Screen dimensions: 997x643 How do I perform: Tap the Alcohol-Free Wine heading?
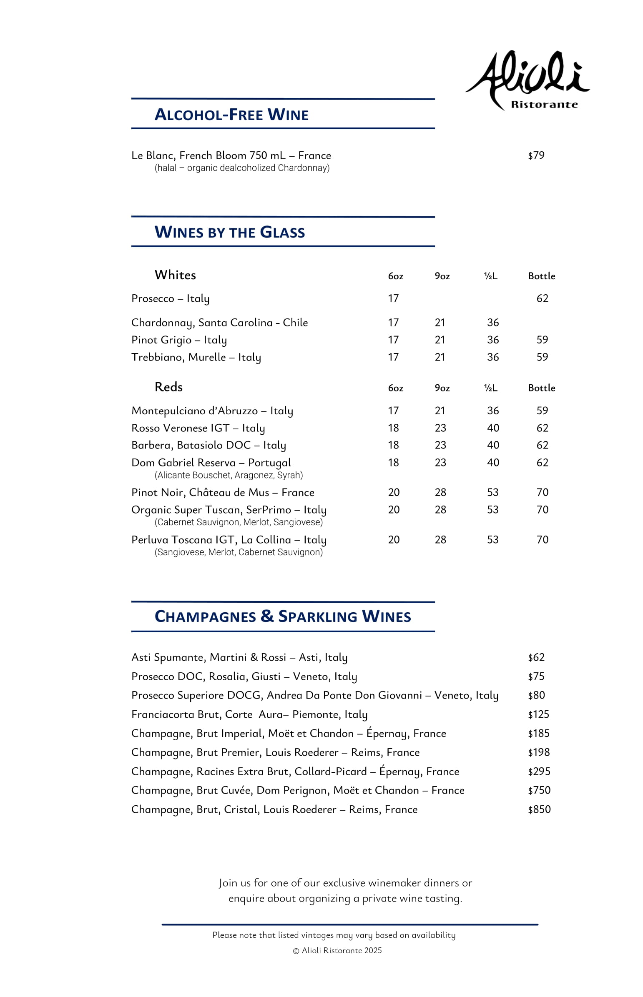231,115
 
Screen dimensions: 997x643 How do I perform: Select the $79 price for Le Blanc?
536,155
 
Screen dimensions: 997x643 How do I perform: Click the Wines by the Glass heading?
230,233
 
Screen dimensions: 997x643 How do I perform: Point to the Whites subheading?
175,275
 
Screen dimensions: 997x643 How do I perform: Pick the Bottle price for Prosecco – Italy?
542,298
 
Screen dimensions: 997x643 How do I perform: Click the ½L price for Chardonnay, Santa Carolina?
493,323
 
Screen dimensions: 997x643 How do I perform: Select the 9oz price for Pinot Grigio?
440,340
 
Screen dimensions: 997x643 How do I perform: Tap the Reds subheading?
168,387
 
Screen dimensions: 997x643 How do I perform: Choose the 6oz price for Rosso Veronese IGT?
393,428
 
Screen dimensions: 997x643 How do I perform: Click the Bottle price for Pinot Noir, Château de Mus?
542,492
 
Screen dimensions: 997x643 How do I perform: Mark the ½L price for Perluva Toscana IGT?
493,540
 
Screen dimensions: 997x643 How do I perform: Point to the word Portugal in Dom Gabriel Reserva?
269,463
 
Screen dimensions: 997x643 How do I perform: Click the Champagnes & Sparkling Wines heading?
283,617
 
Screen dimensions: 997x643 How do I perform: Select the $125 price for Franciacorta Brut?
538,714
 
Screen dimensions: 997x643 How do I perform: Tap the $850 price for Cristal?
539,809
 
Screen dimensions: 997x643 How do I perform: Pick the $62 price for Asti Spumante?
536,658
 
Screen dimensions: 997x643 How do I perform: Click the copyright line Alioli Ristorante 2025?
337,951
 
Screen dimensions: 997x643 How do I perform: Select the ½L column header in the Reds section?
491,388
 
